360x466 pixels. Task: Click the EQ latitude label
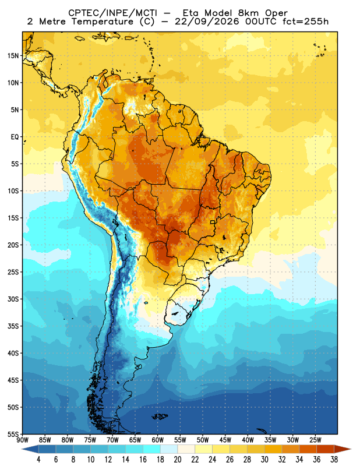click(15, 137)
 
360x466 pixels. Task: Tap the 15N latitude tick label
click(13, 55)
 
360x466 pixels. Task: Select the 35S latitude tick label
click(13, 326)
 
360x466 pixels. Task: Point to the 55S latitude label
click(13, 434)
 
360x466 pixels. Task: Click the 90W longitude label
click(22, 440)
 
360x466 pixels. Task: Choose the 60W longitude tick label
click(157, 440)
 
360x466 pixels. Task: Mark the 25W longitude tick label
click(315, 440)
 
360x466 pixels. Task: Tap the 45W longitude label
click(225, 440)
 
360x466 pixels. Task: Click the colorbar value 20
click(178, 460)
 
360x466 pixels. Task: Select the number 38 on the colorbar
click(334, 460)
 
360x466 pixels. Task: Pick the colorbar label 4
click(38, 460)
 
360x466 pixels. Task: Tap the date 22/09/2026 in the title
click(207, 22)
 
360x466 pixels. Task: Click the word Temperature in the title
click(99, 22)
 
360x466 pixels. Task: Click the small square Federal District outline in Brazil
click(213, 222)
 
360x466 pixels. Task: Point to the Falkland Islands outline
click(160, 416)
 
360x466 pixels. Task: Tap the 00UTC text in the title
click(261, 22)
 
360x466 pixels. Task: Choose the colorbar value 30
click(264, 460)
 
